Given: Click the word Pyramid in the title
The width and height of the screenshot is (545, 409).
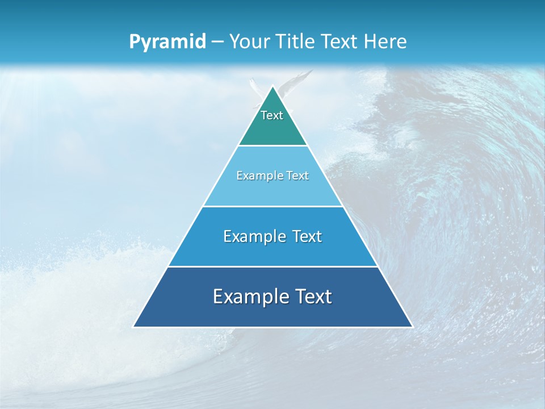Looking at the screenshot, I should [x=167, y=42].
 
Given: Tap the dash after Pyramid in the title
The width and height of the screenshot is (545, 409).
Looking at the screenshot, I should [x=217, y=42].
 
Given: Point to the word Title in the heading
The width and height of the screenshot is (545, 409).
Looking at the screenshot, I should [x=295, y=42].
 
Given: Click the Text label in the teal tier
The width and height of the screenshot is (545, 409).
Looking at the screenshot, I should [x=272, y=115].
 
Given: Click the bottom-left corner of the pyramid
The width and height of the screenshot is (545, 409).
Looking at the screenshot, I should [x=134, y=327].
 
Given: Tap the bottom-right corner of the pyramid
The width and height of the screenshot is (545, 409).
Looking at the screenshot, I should [x=412, y=327].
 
